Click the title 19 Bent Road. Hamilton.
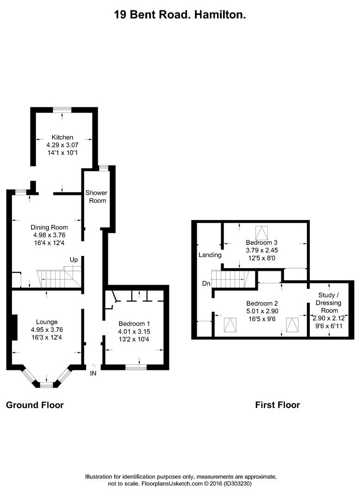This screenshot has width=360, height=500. click(x=180, y=15)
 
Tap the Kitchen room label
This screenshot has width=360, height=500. click(x=62, y=137)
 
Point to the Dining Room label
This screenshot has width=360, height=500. click(x=49, y=227)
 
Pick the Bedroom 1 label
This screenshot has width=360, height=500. click(x=134, y=324)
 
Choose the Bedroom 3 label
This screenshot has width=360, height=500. click(x=261, y=243)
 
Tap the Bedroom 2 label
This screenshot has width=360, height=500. click(x=261, y=304)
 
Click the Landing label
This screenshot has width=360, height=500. click(x=210, y=255)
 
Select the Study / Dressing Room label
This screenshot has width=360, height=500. click(x=329, y=303)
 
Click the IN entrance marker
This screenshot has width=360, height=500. click(x=93, y=373)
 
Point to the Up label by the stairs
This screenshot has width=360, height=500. click(x=74, y=260)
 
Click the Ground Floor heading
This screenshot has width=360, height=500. click(x=35, y=405)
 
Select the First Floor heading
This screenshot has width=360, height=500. click(x=278, y=405)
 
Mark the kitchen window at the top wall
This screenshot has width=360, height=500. click(x=62, y=109)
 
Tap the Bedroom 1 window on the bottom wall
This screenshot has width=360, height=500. click(x=136, y=368)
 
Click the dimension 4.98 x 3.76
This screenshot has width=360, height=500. click(x=49, y=235)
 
